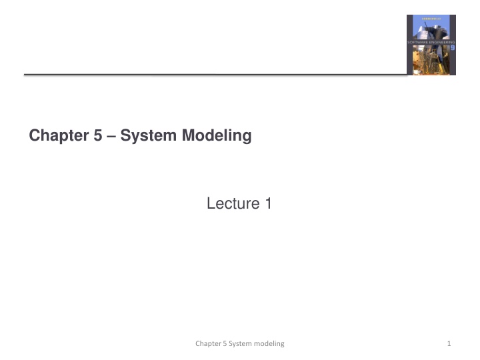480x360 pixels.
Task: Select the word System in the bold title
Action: pos(137,136)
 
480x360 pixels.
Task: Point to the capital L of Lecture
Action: pos(211,203)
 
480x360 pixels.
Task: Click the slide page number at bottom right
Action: pos(450,343)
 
